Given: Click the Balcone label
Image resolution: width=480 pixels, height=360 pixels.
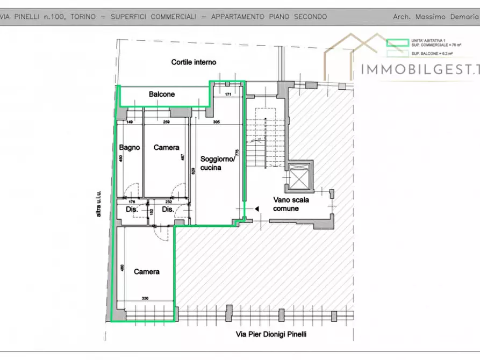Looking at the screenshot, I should pyautogui.click(x=161, y=95).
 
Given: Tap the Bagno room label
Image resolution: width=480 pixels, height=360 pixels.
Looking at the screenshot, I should pyautogui.click(x=130, y=147).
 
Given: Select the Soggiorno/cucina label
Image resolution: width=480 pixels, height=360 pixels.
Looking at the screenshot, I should pyautogui.click(x=217, y=163).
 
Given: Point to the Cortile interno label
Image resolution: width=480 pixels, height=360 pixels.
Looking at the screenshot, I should pyautogui.click(x=194, y=62).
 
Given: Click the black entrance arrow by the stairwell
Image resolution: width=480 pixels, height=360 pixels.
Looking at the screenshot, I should pyautogui.click(x=256, y=208).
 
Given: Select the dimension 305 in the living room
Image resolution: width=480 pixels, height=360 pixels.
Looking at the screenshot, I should pyautogui.click(x=217, y=123).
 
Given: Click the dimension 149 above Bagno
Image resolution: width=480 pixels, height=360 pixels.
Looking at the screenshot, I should pyautogui.click(x=130, y=123).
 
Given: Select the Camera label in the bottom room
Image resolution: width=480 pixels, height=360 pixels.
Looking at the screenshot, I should pyautogui.click(x=146, y=272).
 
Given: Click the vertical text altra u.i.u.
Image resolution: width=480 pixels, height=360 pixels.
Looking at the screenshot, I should pyautogui.click(x=98, y=204).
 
